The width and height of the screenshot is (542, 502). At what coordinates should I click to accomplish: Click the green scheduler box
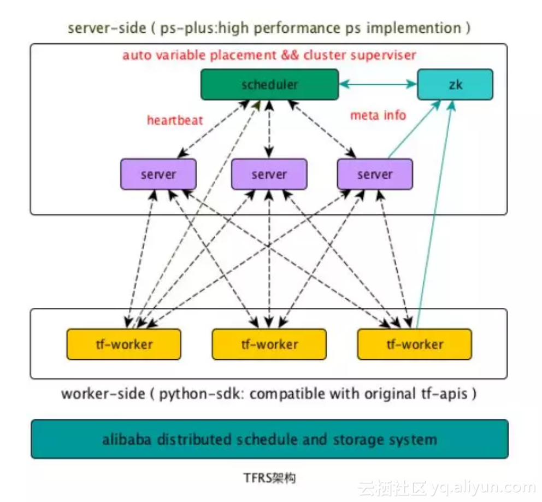(269, 85)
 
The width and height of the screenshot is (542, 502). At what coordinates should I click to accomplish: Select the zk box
(455, 85)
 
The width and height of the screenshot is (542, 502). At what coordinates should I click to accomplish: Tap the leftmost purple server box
(158, 174)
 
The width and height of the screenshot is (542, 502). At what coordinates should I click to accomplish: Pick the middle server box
(269, 174)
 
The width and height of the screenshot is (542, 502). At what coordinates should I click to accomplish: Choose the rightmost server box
(375, 174)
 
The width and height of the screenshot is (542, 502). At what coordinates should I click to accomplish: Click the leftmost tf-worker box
(123, 344)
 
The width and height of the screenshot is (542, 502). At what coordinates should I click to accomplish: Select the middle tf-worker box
(269, 344)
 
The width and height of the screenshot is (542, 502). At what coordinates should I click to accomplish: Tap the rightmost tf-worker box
(414, 344)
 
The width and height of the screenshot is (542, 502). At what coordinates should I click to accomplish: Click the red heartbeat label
(175, 120)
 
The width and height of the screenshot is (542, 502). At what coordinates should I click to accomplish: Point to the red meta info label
(378, 115)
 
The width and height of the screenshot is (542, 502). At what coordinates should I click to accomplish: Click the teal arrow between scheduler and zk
(378, 84)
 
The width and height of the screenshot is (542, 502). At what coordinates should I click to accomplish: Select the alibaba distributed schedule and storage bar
(269, 439)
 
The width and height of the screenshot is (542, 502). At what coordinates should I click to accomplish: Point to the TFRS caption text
(269, 478)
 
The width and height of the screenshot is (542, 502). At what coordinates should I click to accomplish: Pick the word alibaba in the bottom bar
(125, 439)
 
